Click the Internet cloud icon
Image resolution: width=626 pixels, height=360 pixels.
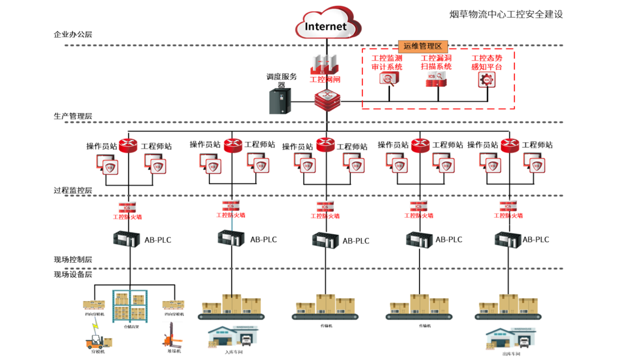[326, 25]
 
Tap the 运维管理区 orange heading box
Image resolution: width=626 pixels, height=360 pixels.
[422, 46]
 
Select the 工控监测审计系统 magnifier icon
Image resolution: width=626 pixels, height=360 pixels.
[389, 79]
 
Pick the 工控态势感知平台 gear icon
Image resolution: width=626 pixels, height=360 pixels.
[487, 79]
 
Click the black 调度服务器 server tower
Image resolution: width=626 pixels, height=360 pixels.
[281, 101]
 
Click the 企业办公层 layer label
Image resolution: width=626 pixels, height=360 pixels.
[73, 34]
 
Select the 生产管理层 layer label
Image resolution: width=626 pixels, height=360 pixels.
[73, 116]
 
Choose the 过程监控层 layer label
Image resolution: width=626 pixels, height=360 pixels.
[73, 190]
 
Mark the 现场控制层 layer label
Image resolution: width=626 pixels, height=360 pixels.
[73, 259]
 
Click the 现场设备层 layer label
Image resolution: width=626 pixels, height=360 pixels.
[73, 274]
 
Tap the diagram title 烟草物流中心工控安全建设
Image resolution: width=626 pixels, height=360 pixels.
[507, 14]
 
